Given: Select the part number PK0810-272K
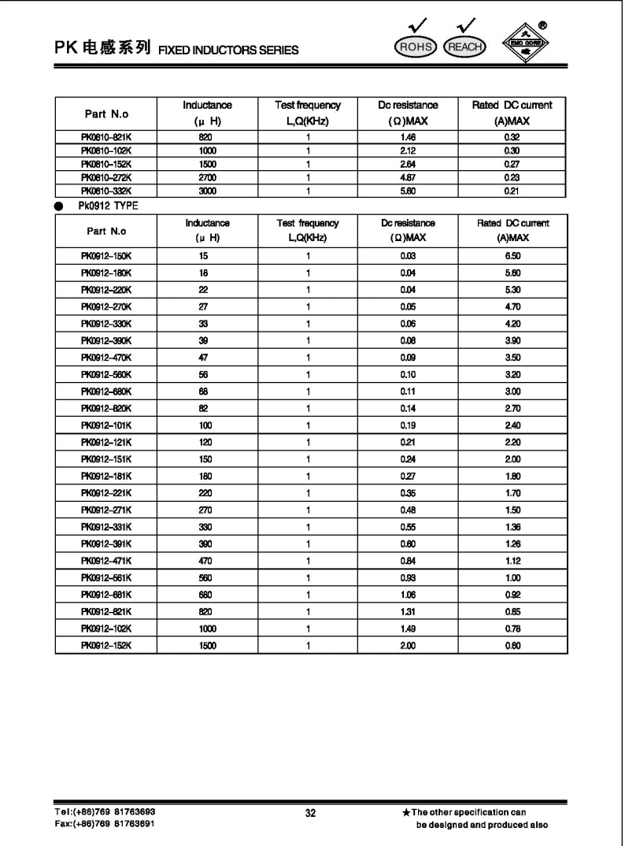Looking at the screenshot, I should click(x=105, y=177).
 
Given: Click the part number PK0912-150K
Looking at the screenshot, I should click(x=105, y=256).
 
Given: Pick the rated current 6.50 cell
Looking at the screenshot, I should click(x=513, y=256).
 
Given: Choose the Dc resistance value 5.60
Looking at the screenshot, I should click(x=406, y=191).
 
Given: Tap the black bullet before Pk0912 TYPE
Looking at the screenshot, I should click(x=61, y=203).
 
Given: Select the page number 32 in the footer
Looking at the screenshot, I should click(x=311, y=814).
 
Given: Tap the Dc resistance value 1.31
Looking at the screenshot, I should click(x=406, y=610).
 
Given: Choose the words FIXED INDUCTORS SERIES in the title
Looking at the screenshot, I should click(x=228, y=51).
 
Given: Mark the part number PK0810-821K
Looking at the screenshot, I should click(x=105, y=136).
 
